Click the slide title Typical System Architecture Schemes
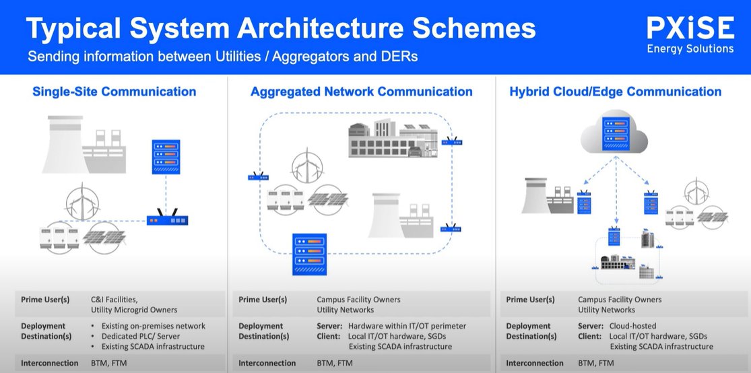click(x=281, y=29)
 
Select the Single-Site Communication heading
click(x=115, y=92)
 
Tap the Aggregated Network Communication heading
click(x=361, y=92)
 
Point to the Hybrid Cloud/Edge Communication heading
click(x=616, y=92)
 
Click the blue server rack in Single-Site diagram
click(x=166, y=156)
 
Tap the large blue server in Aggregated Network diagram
click(x=309, y=253)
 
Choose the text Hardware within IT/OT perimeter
click(x=407, y=326)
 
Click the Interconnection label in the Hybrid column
click(x=535, y=363)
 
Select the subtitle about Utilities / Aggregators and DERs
click(x=223, y=57)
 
